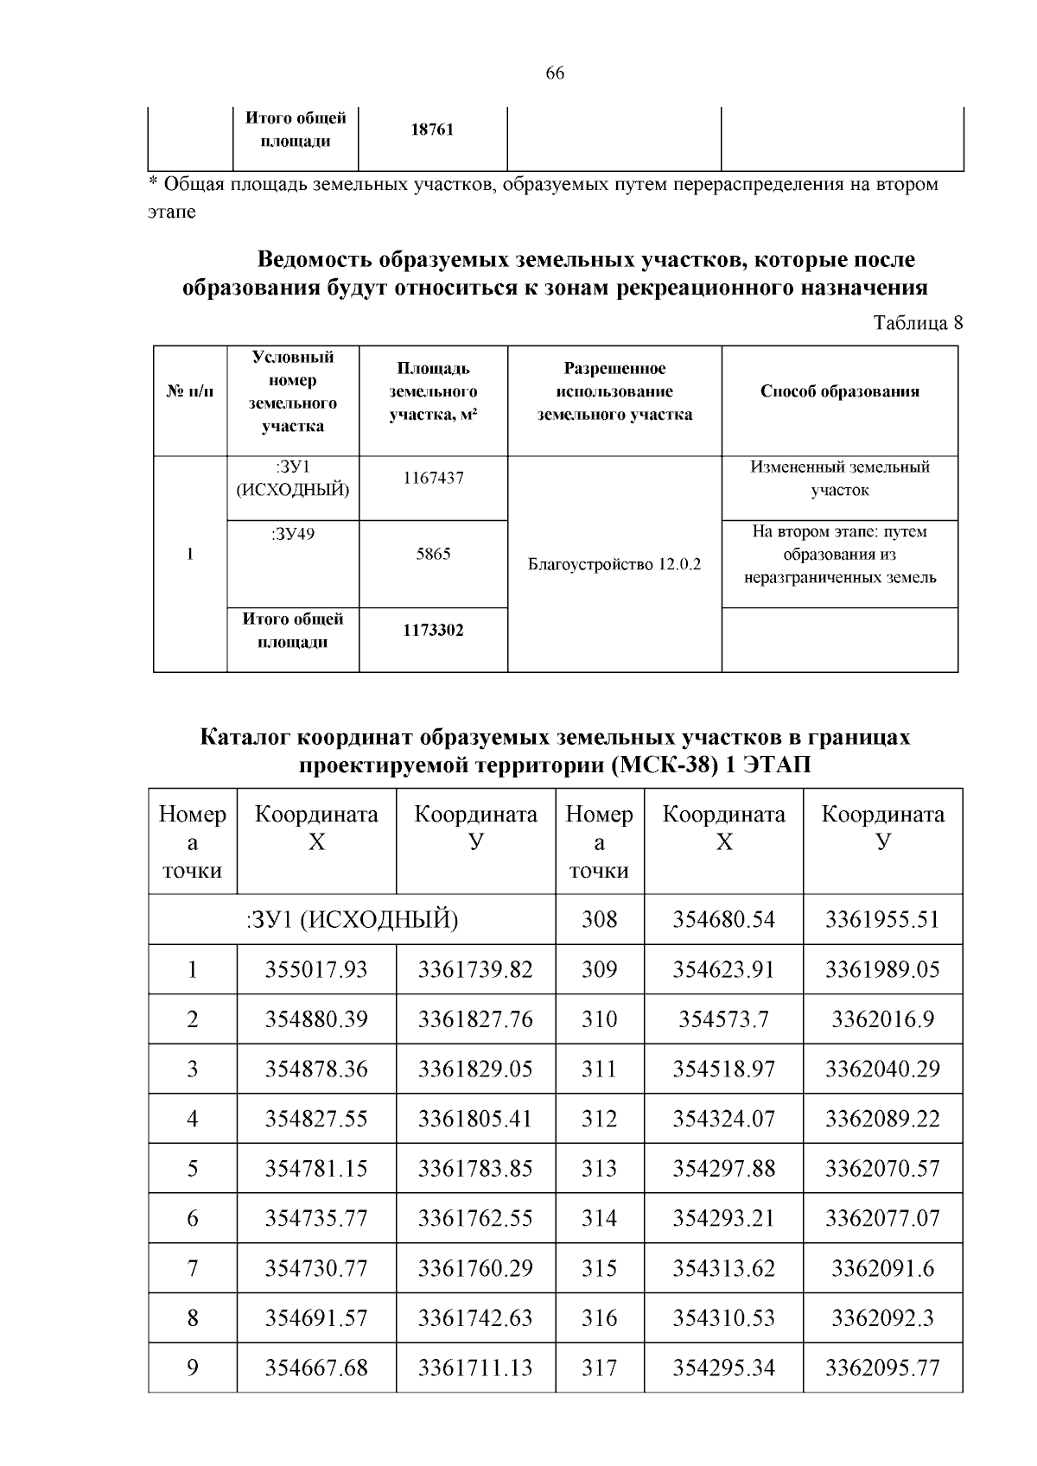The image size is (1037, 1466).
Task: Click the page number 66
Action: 555,73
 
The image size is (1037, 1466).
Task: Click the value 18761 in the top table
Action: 432,130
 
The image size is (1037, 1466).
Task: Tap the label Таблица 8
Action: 918,323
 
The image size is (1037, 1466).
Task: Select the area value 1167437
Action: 433,478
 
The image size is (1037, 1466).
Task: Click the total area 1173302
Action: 433,631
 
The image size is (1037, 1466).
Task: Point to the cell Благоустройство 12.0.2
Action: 614,564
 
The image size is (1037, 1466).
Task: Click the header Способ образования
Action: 839,391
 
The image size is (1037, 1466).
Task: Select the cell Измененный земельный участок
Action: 839,479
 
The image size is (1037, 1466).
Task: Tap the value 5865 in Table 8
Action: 433,555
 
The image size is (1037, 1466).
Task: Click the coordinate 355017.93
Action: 316,969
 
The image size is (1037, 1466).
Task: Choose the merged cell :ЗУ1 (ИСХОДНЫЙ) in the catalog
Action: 352,920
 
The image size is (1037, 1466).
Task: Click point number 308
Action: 599,919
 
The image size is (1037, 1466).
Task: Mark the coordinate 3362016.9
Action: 882,1019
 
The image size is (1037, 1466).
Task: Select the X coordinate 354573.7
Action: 723,1019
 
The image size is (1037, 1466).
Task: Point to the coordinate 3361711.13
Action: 475,1368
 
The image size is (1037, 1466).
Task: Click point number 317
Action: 599,1368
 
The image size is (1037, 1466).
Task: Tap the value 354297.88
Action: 723,1169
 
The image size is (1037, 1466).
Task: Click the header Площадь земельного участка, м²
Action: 433,391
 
